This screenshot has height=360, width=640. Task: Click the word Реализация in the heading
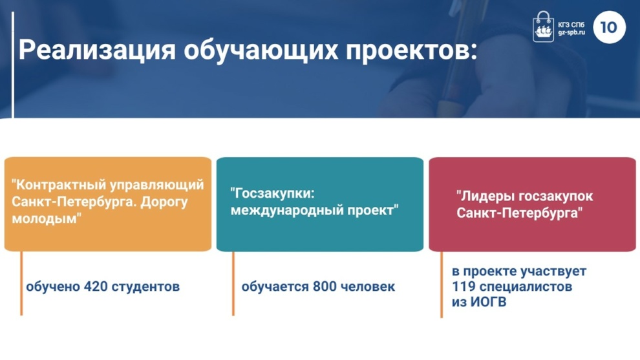[97, 50]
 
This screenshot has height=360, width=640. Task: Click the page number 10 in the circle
[608, 27]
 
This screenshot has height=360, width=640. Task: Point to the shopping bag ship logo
[543, 26]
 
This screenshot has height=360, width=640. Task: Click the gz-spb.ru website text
[571, 32]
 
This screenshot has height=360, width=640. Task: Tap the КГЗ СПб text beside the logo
[571, 25]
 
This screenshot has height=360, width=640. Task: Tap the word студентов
[145, 287]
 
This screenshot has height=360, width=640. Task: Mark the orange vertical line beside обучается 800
[233, 283]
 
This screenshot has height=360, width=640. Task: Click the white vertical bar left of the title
[13, 65]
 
